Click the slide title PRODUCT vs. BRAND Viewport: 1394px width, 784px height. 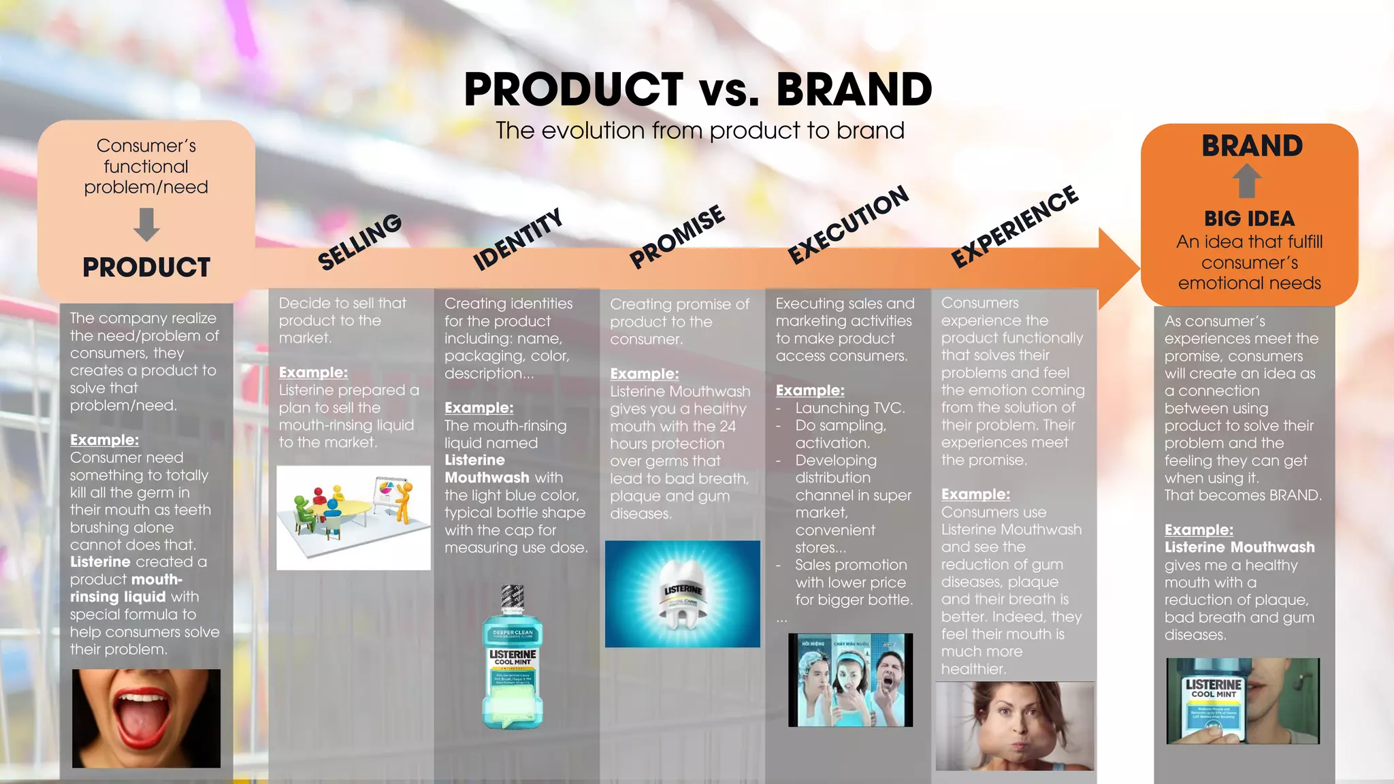coord(698,89)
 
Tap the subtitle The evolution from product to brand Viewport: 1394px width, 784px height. coord(700,130)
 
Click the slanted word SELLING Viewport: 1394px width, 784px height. coord(359,242)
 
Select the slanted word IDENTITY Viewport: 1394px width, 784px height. coord(518,239)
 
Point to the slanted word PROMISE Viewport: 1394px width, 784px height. coord(677,236)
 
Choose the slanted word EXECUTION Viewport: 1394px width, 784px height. coord(848,225)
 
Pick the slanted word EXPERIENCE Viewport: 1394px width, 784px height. coord(1014,226)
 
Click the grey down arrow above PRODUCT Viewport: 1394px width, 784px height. coord(146,225)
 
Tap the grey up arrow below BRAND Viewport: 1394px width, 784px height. coord(1246,180)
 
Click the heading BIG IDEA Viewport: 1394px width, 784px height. coord(1249,218)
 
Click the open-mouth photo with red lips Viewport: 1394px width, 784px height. coord(146,718)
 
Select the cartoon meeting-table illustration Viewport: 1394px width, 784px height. coord(353,517)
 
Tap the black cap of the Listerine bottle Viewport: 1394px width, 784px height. coord(512,598)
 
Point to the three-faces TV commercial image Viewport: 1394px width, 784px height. coord(850,680)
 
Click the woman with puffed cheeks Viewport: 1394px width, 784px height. coord(1014,726)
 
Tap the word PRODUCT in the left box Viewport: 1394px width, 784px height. coord(146,267)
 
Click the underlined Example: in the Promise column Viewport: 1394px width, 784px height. coord(644,374)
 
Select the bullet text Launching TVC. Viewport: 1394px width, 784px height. coord(849,408)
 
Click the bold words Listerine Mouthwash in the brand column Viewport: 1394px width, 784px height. coord(1239,547)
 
